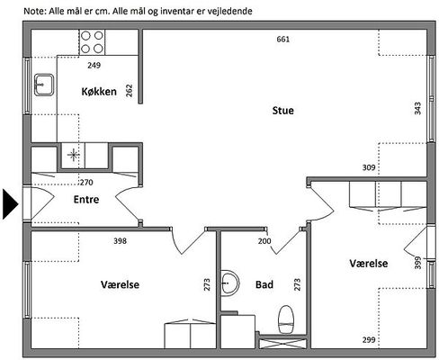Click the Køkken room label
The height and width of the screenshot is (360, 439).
pyautogui.click(x=99, y=91)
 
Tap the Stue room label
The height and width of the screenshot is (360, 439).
pyautogui.click(x=282, y=111)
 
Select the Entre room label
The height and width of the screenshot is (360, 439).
pyautogui.click(x=86, y=199)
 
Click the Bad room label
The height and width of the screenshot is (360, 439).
pyautogui.click(x=264, y=284)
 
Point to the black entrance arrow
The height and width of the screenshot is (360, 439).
pyautogui.click(x=10, y=204)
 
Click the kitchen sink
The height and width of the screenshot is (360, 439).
pyautogui.click(x=44, y=85)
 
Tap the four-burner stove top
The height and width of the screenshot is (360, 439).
pyautogui.click(x=92, y=42)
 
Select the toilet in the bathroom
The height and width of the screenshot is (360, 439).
pyautogui.click(x=285, y=319)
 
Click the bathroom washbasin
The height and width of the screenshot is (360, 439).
pyautogui.click(x=230, y=283)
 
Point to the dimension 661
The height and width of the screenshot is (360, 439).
pyautogui.click(x=283, y=40)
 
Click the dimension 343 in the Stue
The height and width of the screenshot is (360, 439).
pyautogui.click(x=417, y=108)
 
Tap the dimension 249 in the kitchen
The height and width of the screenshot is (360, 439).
pyautogui.click(x=94, y=65)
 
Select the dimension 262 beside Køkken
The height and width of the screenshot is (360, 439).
pyautogui.click(x=129, y=91)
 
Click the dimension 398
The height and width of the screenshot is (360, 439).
pyautogui.click(x=120, y=240)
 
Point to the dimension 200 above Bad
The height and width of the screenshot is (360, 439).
pyautogui.click(x=264, y=241)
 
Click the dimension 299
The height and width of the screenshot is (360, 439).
pyautogui.click(x=369, y=339)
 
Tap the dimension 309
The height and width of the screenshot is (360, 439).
pyautogui.click(x=369, y=167)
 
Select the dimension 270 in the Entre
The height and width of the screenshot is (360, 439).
pyautogui.click(x=86, y=182)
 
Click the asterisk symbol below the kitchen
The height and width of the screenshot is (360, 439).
pyautogui.click(x=73, y=155)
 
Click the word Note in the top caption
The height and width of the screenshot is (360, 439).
pyautogui.click(x=35, y=11)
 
